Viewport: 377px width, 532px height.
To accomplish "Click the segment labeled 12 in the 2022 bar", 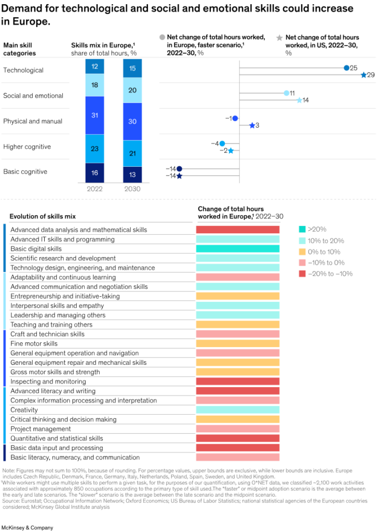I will coord(95,66).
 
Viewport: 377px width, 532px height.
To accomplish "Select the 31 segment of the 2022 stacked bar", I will coord(95,115).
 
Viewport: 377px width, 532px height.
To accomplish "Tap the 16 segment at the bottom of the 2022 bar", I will coord(95,173).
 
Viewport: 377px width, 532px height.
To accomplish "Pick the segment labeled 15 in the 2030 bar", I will coord(132,68).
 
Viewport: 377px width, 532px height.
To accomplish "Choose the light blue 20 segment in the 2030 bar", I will coord(132,90).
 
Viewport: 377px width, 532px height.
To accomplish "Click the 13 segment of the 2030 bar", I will coord(132,175).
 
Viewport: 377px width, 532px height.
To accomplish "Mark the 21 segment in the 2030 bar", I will coord(132,153).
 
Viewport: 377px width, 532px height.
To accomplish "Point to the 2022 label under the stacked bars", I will coord(95,190).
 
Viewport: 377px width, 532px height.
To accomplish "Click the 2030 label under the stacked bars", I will coord(132,190).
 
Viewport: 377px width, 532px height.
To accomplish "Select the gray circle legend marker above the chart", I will coord(162,37).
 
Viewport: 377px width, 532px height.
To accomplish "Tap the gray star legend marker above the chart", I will coord(279,37).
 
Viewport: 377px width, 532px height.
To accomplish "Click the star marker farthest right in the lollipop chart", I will coord(364,75).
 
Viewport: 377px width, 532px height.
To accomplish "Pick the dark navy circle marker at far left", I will coord(180,169).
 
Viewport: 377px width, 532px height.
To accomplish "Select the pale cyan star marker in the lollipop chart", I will coord(299,100).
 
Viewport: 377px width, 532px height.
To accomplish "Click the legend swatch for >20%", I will coord(302,229).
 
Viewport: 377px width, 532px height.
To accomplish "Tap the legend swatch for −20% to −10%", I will coord(302,273).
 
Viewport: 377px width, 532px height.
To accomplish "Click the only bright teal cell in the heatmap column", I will coord(238,248).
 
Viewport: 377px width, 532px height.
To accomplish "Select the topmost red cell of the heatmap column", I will coord(238,230).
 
